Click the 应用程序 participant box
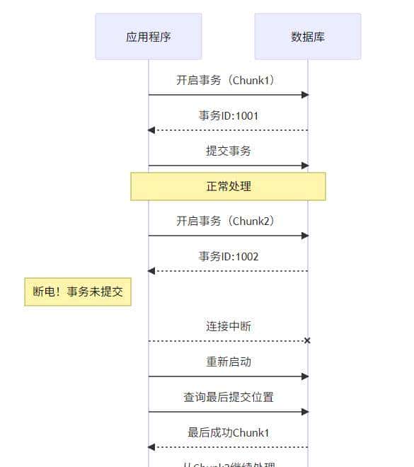(149, 37)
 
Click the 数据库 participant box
(308, 37)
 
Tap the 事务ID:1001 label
(228, 115)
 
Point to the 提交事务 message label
(228, 151)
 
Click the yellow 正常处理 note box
(228, 187)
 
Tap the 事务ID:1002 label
(228, 256)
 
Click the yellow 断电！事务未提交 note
(78, 292)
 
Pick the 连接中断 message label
(228, 326)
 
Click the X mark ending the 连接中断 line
(307, 341)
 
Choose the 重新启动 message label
(228, 362)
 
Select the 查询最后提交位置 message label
(228, 397)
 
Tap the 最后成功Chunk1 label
(228, 432)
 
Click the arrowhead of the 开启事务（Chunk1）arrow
(305, 95)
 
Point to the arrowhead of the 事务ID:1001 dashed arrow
(151, 130)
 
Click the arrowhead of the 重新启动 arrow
(305, 376)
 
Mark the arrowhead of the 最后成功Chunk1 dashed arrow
(151, 447)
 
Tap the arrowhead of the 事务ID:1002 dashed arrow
(151, 271)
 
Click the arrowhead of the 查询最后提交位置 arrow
(305, 412)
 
